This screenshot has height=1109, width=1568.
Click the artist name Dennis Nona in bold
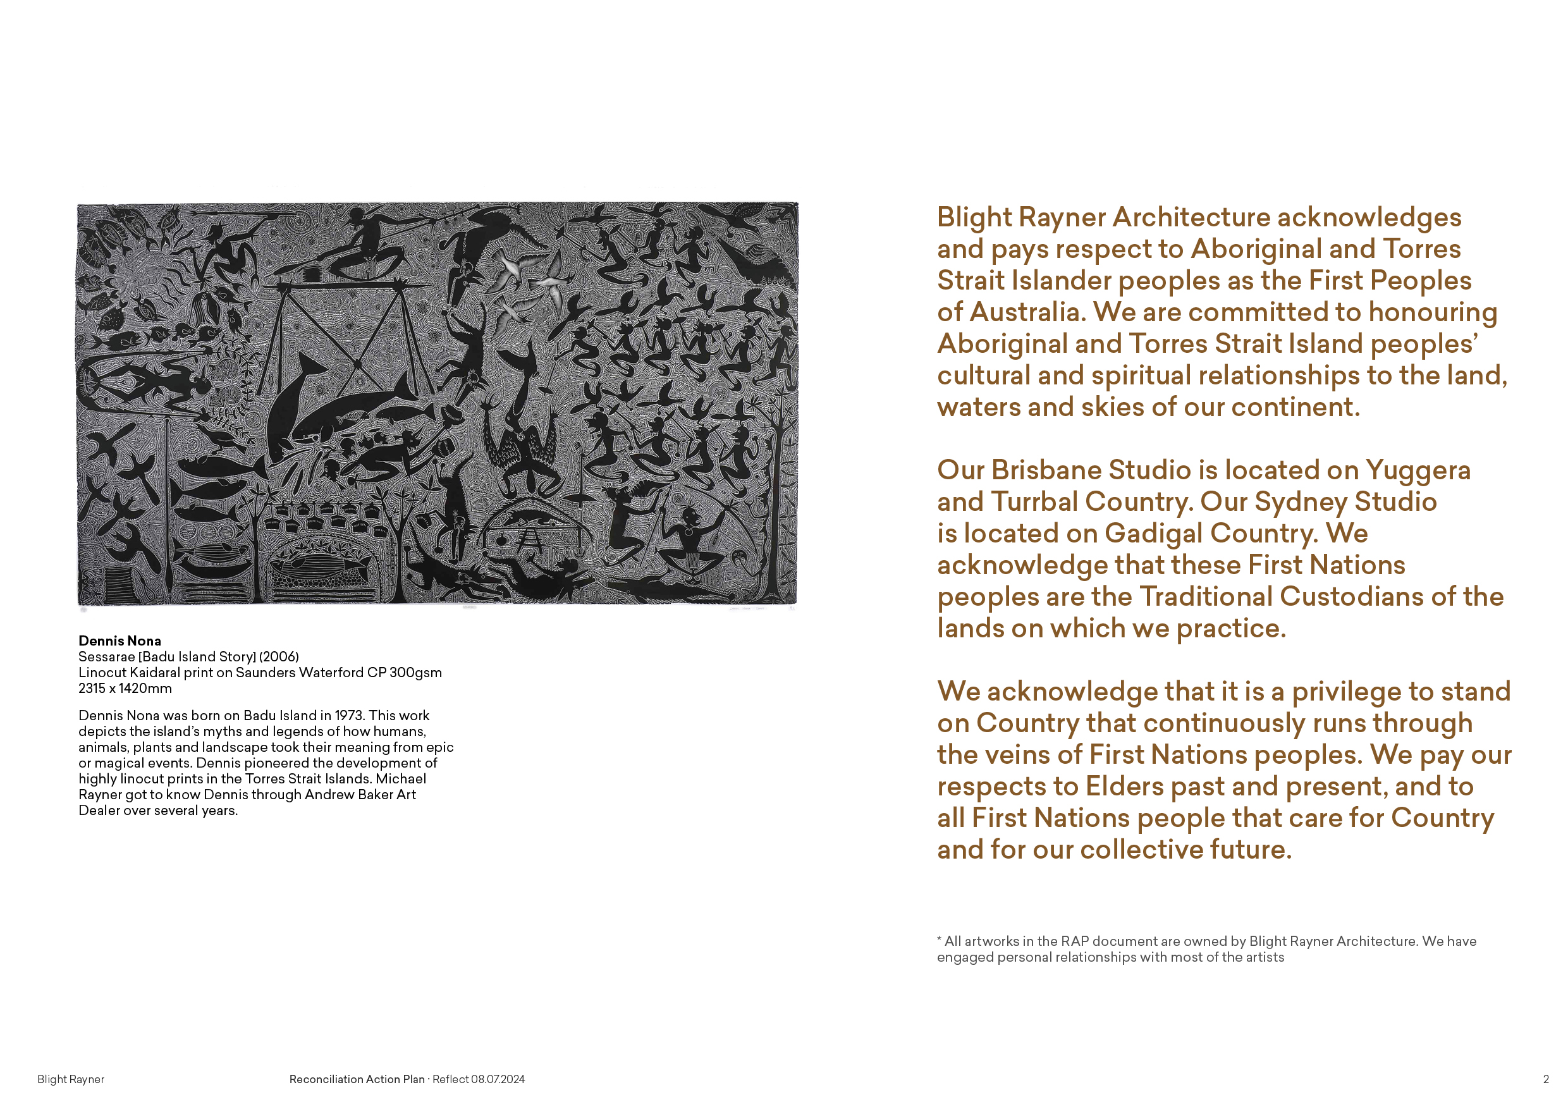(x=119, y=640)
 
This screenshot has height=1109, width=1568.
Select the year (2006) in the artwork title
(x=279, y=656)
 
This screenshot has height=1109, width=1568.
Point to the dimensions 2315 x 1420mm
(x=125, y=689)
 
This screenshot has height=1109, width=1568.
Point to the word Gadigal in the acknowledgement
(x=1153, y=534)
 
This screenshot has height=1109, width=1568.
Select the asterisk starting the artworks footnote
(x=940, y=940)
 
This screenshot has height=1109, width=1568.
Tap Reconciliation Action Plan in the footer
(x=357, y=1079)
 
